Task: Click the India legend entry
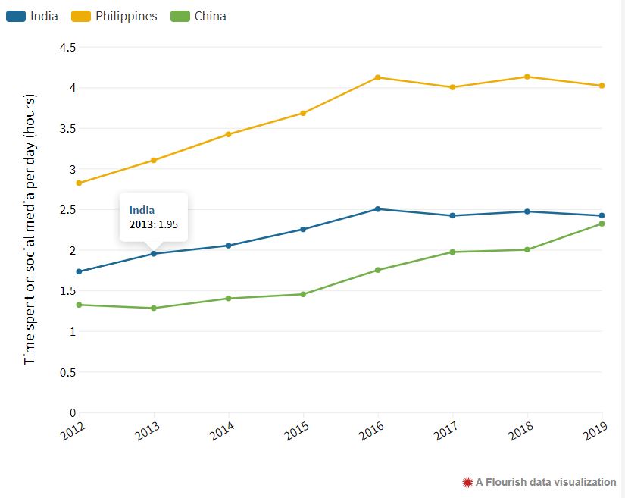point(33,16)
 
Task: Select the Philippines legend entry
point(114,16)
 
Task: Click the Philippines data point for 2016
point(378,77)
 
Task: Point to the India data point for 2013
point(154,254)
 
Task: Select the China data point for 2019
point(602,224)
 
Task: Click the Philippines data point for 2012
point(79,183)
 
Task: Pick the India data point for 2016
point(378,209)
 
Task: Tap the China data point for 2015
point(303,294)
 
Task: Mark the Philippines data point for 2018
point(527,77)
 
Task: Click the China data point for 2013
point(154,308)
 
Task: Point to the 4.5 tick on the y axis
point(67,47)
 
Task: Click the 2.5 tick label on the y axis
point(67,210)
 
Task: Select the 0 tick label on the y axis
point(73,413)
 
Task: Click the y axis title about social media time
point(30,227)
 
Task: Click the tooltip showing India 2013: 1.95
point(154,217)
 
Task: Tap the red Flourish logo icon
point(467,482)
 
